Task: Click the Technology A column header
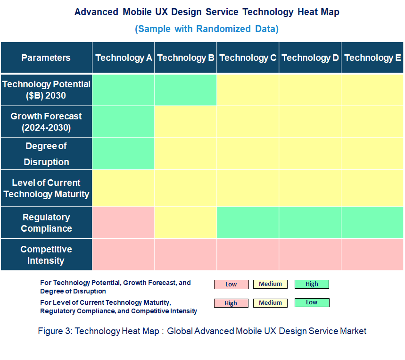tap(124, 58)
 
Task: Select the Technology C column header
tap(248, 58)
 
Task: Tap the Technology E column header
tap(372, 58)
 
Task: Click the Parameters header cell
tap(46, 58)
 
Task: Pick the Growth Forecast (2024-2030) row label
tap(46, 122)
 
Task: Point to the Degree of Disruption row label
tap(46, 154)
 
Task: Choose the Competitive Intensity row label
tap(46, 255)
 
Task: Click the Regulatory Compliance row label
tap(46, 223)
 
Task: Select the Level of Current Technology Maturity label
tap(46, 188)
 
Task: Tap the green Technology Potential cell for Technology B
tap(186, 90)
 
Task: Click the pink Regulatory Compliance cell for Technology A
tap(124, 223)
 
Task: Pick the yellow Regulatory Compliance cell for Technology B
tap(186, 223)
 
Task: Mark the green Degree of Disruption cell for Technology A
tap(124, 154)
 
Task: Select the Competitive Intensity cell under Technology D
tap(310, 255)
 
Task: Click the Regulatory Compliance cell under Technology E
tap(372, 223)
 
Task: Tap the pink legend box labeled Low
tap(231, 285)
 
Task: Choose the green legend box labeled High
tap(312, 284)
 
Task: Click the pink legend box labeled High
tap(231, 303)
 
